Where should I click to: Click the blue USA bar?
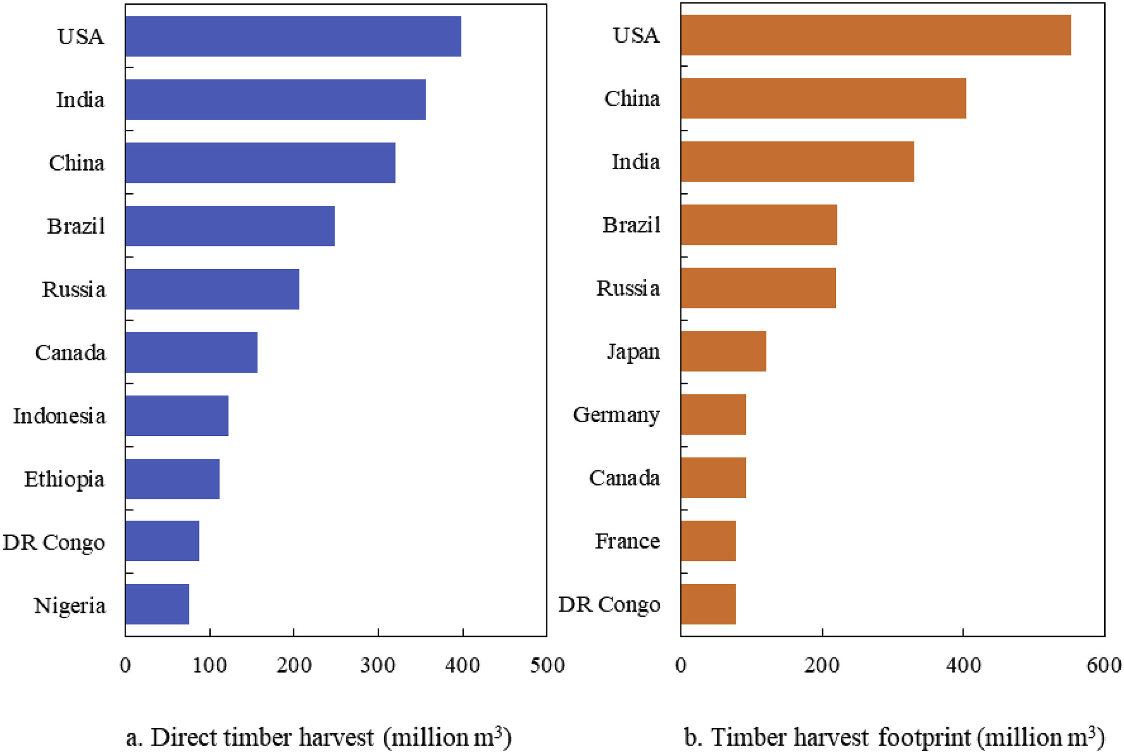click(293, 36)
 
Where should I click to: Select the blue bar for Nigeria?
click(157, 604)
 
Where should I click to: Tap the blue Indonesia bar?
click(177, 416)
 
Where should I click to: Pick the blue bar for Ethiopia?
click(173, 479)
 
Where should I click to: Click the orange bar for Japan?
click(723, 351)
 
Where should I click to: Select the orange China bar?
click(823, 98)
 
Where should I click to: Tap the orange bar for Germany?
click(713, 415)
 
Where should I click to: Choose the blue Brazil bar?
click(230, 226)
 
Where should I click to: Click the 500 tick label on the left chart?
click(547, 666)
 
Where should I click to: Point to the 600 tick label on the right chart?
click(1104, 666)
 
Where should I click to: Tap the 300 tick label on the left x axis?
click(378, 666)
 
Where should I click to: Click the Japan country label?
click(633, 352)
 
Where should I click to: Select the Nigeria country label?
click(70, 606)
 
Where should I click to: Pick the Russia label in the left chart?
click(73, 289)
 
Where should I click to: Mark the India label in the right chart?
click(635, 161)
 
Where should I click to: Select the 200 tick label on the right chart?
click(822, 666)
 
